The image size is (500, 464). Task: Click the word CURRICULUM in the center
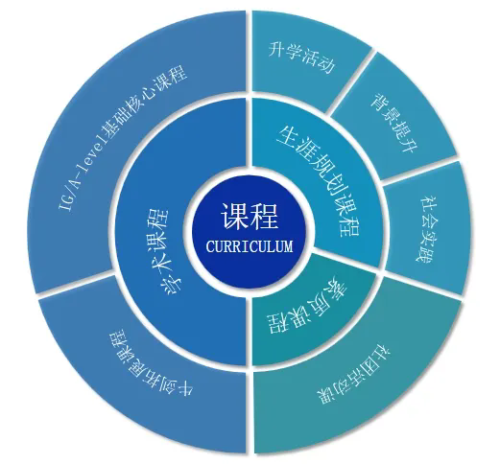click(249, 246)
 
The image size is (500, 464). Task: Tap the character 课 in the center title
click(233, 218)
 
